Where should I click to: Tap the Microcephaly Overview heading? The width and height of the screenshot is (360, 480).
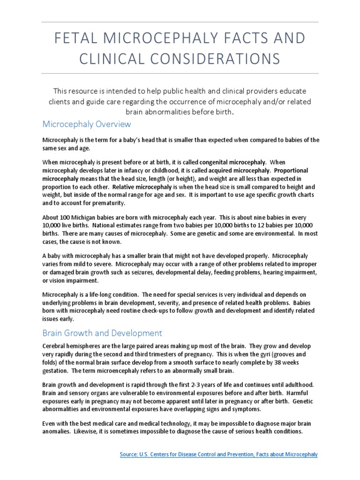87,124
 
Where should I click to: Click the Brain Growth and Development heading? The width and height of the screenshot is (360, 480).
102,333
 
